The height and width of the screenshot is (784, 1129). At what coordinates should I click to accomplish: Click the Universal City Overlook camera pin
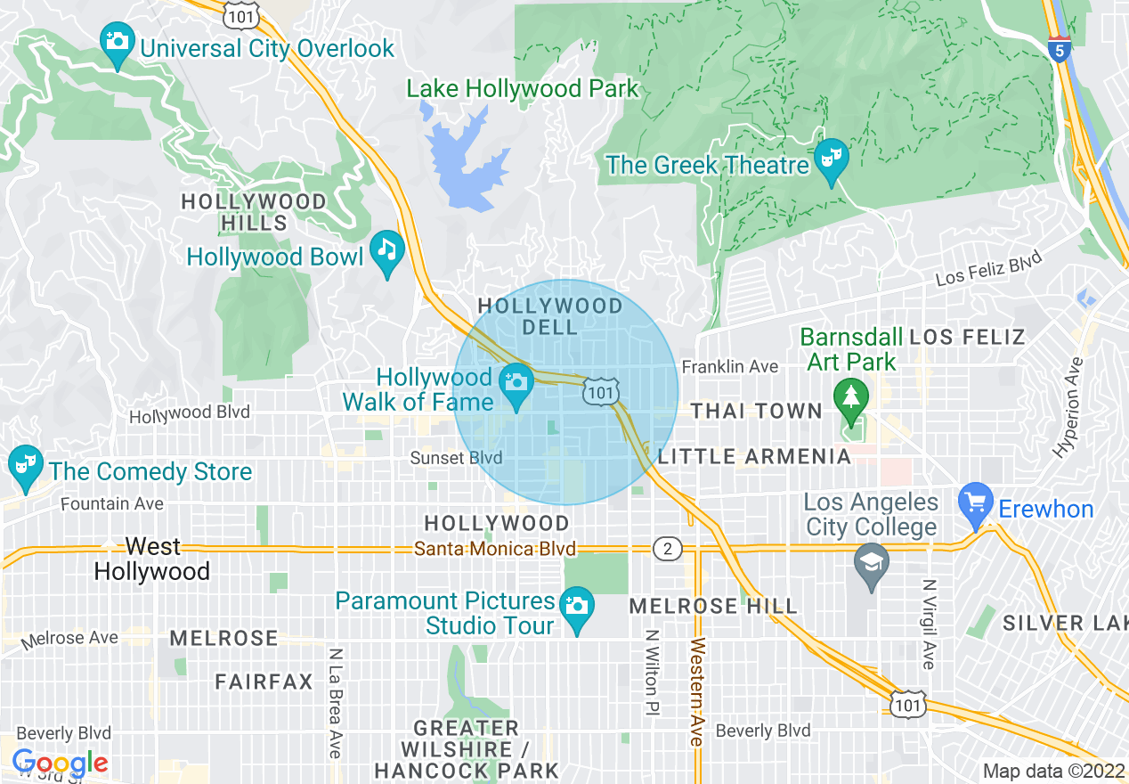pos(117,43)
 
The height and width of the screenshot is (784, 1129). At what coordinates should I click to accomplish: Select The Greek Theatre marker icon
pos(833,159)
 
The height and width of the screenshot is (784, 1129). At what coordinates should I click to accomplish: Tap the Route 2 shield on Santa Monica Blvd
pos(667,549)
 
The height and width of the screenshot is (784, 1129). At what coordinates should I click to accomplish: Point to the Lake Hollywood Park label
pos(523,89)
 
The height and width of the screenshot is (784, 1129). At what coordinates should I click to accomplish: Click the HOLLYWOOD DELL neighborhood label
pos(550,316)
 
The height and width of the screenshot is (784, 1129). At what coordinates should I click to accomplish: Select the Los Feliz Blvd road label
pos(988,268)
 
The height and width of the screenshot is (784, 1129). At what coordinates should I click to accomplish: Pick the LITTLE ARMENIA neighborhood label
pos(754,457)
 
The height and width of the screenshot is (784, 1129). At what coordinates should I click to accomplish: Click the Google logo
pos(59,764)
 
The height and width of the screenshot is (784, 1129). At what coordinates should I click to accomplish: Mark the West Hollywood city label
pos(152,559)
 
